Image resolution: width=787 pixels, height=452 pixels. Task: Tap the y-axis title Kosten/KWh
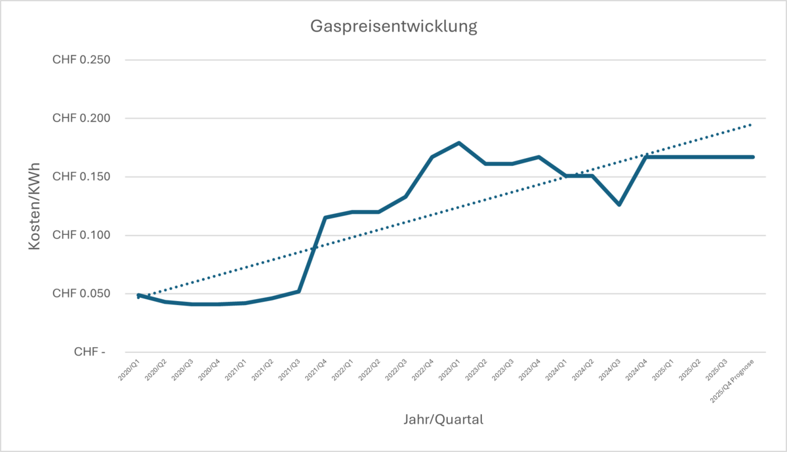[x=35, y=206]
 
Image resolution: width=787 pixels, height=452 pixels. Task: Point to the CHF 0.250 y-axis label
[x=81, y=60]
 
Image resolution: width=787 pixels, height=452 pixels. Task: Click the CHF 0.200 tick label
[x=81, y=119]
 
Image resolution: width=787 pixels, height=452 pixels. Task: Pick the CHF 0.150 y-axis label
[x=81, y=177]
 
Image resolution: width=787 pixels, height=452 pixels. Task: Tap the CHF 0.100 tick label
[x=81, y=236]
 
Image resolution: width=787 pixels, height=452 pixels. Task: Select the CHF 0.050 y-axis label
[x=81, y=294]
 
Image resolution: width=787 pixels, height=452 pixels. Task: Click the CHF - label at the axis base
[x=89, y=352]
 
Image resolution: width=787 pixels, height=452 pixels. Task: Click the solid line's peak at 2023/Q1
[x=458, y=142]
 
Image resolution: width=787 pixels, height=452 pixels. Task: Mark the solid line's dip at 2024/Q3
[x=619, y=205]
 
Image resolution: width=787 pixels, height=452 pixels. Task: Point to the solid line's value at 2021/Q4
[x=325, y=217]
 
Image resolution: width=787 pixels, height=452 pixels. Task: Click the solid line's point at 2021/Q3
[x=298, y=291]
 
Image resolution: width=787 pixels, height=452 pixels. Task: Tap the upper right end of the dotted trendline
[x=751, y=124]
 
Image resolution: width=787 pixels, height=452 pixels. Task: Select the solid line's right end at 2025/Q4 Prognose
[x=753, y=157]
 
